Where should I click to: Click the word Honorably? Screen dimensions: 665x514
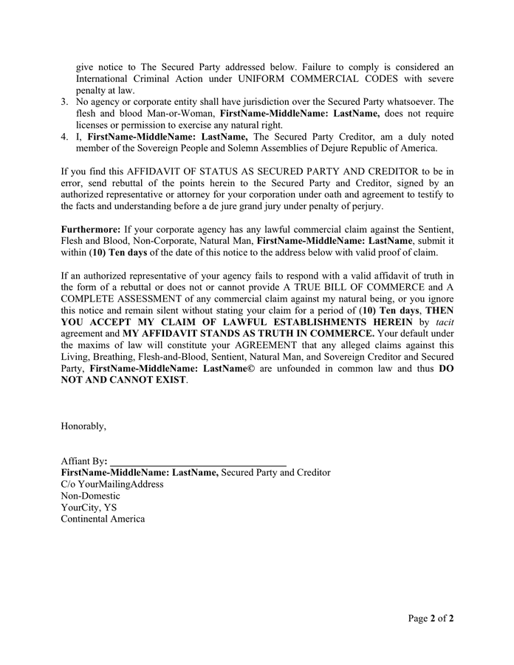coord(83,426)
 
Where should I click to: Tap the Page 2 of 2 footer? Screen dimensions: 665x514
coord(431,618)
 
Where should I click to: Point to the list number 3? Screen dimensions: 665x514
coord(64,102)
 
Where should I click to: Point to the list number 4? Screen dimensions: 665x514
coord(64,137)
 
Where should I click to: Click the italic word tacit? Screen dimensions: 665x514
coord(445,323)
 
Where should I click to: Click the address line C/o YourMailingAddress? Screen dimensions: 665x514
coord(112,484)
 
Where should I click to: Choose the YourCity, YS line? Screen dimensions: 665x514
coord(89,508)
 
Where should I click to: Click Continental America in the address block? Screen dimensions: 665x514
coord(103,519)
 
